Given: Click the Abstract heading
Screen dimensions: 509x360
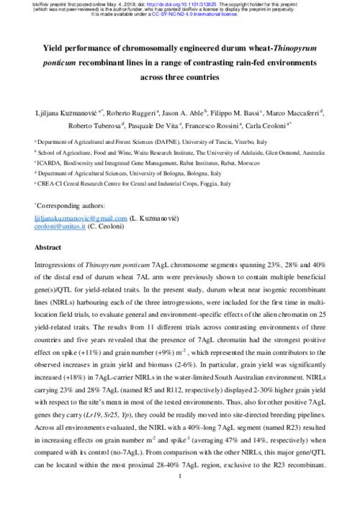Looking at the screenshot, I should tap(48, 247).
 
